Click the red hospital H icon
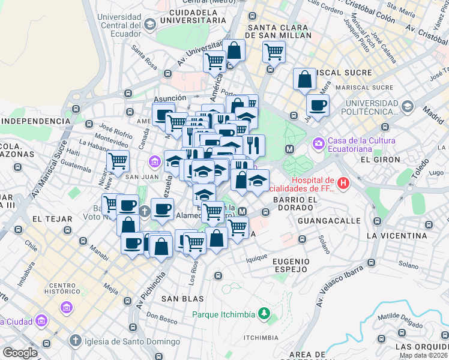click(343, 182)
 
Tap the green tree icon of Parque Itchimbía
click(263, 314)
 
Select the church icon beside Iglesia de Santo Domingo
click(75, 341)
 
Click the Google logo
click(20, 353)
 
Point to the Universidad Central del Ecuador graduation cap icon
click(149, 23)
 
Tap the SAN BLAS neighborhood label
click(182, 298)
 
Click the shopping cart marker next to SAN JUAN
click(118, 161)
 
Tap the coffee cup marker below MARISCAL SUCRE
click(318, 106)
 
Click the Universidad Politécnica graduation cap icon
click(408, 107)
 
